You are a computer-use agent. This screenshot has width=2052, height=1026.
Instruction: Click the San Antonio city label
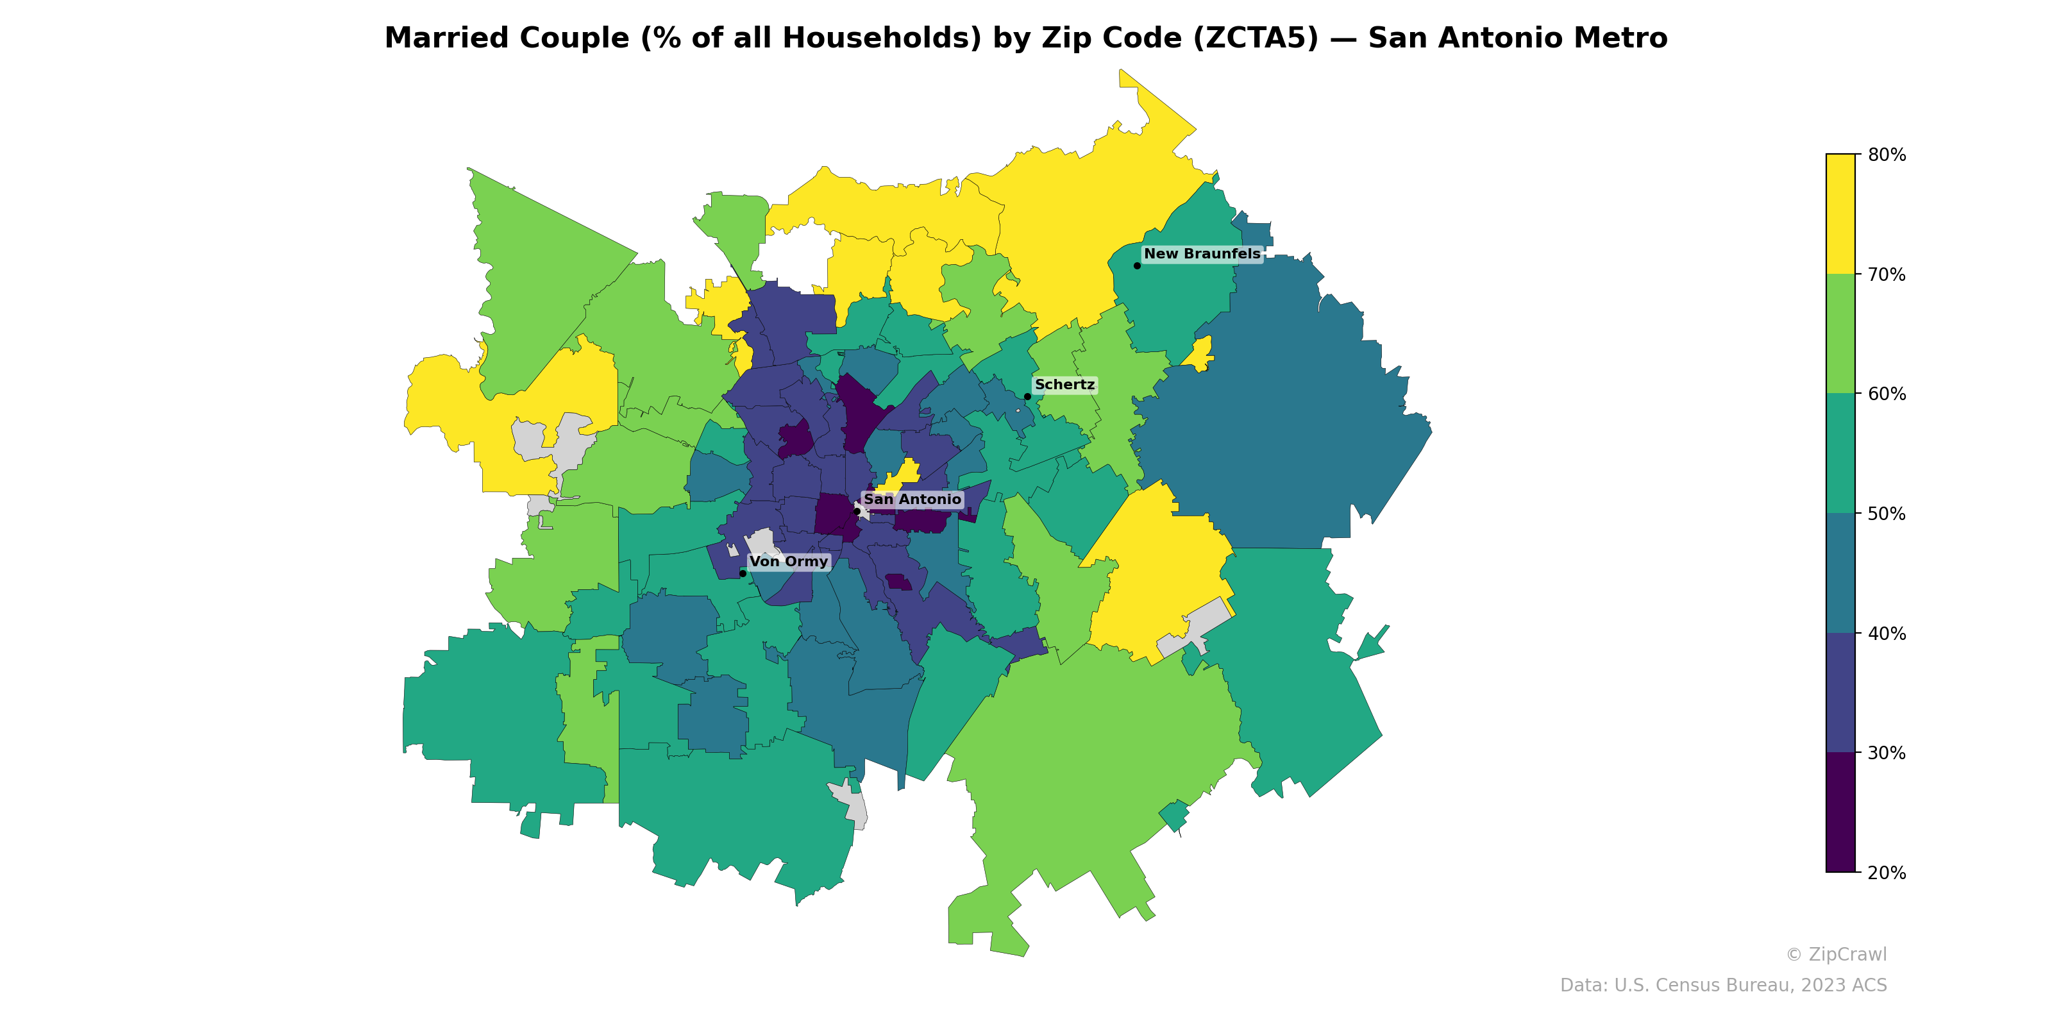pos(912,500)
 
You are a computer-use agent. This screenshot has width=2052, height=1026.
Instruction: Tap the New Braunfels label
pos(1202,254)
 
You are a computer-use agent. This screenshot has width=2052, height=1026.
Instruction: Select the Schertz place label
pos(1064,385)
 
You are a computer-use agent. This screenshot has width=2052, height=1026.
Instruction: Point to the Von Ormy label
pos(789,562)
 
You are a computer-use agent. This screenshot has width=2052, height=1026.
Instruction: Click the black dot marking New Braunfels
pos(1137,265)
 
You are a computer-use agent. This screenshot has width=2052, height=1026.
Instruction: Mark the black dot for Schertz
pos(1027,397)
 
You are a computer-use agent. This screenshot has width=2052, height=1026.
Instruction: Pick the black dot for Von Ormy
pos(743,573)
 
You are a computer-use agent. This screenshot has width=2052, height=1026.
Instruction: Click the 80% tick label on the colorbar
pos(1887,155)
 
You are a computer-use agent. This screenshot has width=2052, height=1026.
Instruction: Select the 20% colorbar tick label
pos(1887,873)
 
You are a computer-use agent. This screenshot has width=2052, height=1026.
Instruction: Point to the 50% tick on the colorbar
pos(1887,514)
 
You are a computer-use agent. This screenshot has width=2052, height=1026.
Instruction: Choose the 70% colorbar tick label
pos(1887,275)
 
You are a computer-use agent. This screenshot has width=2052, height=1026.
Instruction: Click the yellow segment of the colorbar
pos(1840,214)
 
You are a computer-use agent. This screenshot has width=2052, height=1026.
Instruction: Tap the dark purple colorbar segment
pos(1840,812)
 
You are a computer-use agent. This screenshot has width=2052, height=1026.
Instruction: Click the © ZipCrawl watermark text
pos(1836,954)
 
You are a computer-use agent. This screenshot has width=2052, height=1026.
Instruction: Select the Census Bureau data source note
pos(1723,986)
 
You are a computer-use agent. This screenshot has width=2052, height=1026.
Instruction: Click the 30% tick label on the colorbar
pos(1887,753)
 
